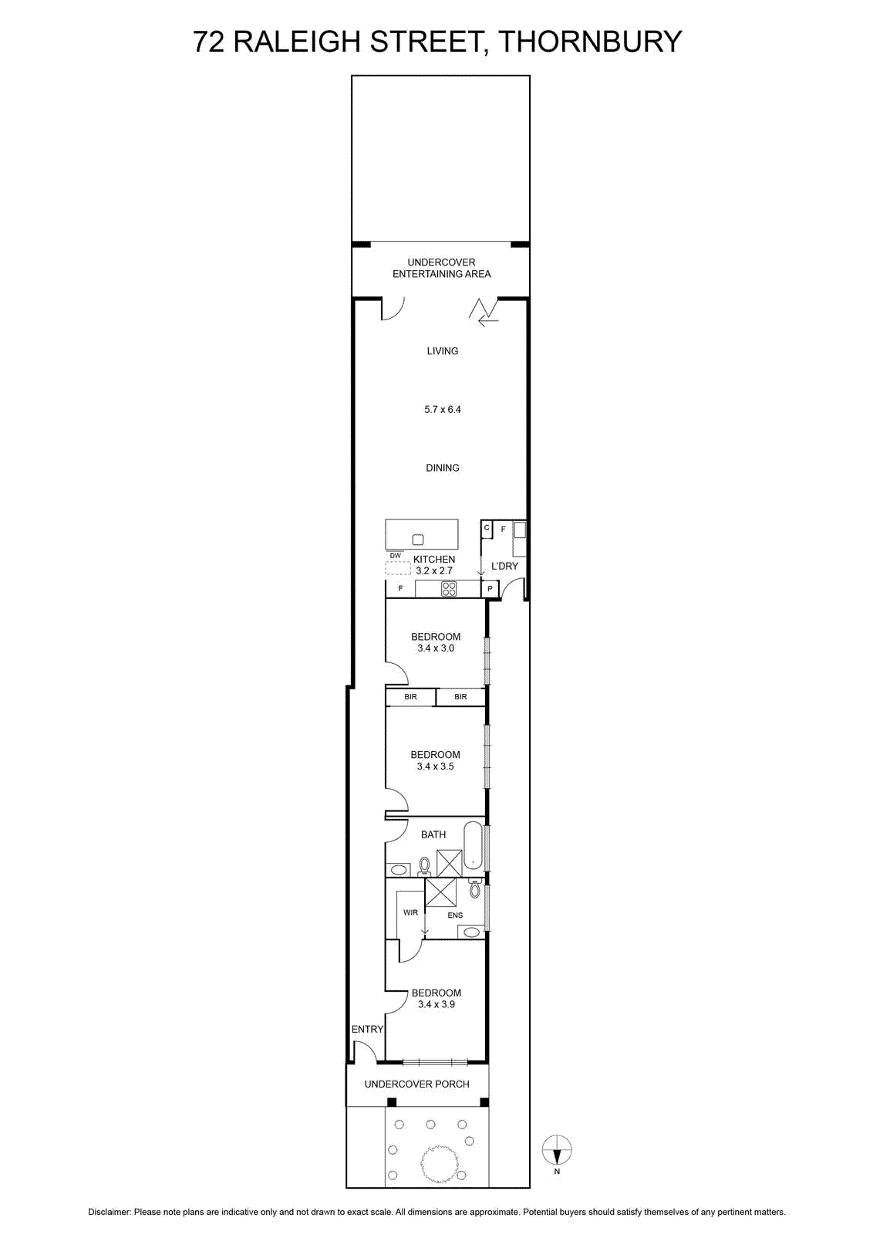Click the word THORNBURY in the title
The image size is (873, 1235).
[590, 42]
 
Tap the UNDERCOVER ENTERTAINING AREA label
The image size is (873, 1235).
[441, 268]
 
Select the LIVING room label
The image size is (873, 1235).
[442, 350]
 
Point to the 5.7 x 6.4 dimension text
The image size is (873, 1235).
[442, 409]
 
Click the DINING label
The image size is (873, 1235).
[442, 468]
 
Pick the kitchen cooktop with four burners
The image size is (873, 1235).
[449, 589]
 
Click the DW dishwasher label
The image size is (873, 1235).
[396, 555]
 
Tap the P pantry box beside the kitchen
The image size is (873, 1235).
[490, 589]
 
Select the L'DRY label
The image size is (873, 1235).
[504, 566]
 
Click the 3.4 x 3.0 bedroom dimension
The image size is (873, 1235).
[436, 648]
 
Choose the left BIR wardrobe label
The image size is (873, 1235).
[410, 697]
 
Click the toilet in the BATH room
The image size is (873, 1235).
[424, 866]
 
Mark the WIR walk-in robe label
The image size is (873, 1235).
[410, 912]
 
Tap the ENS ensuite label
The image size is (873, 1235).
[455, 915]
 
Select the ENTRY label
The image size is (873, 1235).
[367, 1030]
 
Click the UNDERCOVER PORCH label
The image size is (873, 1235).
[417, 1084]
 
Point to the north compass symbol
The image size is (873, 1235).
[557, 1151]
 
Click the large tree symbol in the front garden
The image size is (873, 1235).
[439, 1163]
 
